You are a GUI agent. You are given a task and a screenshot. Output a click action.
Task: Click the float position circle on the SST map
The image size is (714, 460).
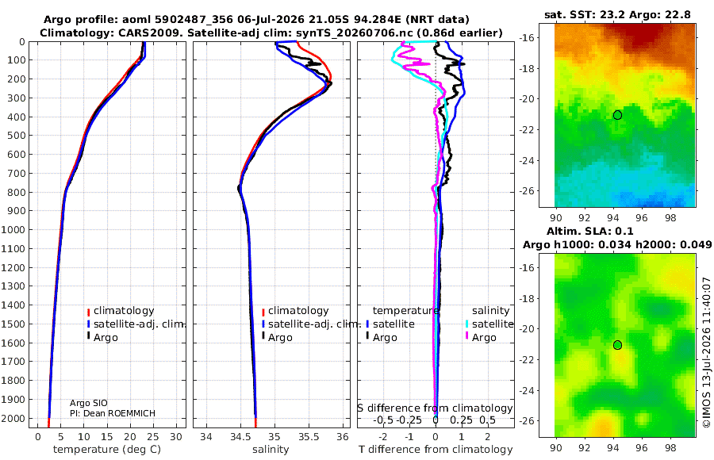pyautogui.click(x=617, y=115)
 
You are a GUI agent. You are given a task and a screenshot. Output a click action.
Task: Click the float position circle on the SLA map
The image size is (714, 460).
pyautogui.click(x=617, y=345)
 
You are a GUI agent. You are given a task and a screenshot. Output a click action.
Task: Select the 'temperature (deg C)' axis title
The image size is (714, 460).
pyautogui.click(x=107, y=450)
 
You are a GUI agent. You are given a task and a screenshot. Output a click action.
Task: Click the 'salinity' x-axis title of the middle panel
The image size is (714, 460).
pyautogui.click(x=271, y=450)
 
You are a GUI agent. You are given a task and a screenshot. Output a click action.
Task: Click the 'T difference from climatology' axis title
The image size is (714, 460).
pyautogui.click(x=436, y=450)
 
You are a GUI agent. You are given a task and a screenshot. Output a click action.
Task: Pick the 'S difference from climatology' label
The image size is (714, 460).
pyautogui.click(x=435, y=408)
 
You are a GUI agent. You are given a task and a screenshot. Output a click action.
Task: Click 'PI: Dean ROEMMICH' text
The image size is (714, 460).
pyautogui.click(x=113, y=413)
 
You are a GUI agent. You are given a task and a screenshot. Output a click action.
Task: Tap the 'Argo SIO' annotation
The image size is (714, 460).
pyautogui.click(x=89, y=403)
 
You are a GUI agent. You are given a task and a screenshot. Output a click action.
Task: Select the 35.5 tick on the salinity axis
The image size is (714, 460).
pyautogui.click(x=309, y=437)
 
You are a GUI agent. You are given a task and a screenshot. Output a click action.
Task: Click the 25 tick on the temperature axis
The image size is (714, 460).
pyautogui.click(x=153, y=437)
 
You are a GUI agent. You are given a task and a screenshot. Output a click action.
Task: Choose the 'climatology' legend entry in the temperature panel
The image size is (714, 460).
pyautogui.click(x=121, y=311)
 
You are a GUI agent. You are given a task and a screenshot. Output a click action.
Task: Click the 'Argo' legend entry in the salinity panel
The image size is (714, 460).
pyautogui.click(x=276, y=338)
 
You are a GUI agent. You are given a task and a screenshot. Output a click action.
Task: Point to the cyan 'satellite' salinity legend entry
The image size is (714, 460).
pyautogui.click(x=489, y=324)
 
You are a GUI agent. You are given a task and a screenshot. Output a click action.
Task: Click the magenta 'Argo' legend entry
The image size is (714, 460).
pyautogui.click(x=481, y=338)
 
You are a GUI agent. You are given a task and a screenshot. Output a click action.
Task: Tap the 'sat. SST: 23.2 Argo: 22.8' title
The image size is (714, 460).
pyautogui.click(x=617, y=15)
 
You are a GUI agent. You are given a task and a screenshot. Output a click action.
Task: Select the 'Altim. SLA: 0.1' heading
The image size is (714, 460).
pyautogui.click(x=590, y=231)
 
